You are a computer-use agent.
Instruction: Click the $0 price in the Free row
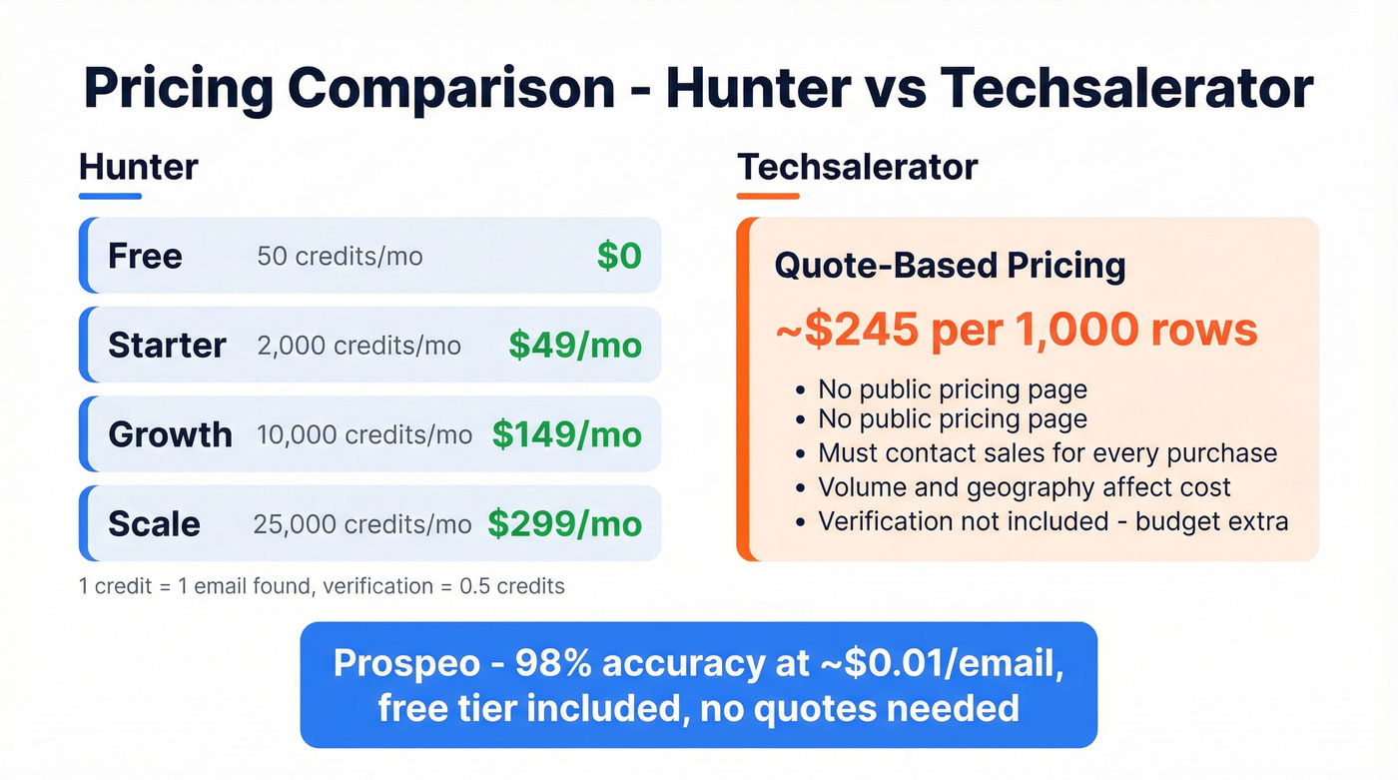coord(618,256)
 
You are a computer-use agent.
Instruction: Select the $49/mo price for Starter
coord(574,346)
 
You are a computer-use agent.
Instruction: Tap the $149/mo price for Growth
coord(566,434)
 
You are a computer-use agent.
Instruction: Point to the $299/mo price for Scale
coord(564,523)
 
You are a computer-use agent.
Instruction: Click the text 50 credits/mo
coord(340,257)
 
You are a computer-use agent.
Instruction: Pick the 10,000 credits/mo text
coord(364,435)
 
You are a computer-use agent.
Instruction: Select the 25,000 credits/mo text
coord(362,524)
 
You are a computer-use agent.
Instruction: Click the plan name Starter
coord(167,346)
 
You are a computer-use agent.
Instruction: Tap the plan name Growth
coord(170,434)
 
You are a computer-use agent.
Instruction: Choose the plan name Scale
coord(154,524)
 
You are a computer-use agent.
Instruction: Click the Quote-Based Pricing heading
coord(950,266)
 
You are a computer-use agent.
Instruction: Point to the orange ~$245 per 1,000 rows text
coord(1016,331)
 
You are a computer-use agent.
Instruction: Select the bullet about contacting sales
coord(1048,452)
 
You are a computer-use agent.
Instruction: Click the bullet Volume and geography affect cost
coord(1025,487)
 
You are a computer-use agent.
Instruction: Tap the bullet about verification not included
coord(1053,521)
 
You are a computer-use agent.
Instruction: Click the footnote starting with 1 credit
coord(322,586)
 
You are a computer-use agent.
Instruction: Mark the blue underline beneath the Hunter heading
coord(110,196)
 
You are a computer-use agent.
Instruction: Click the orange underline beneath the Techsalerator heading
coord(768,196)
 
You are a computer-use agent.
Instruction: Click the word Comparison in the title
coord(452,89)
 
